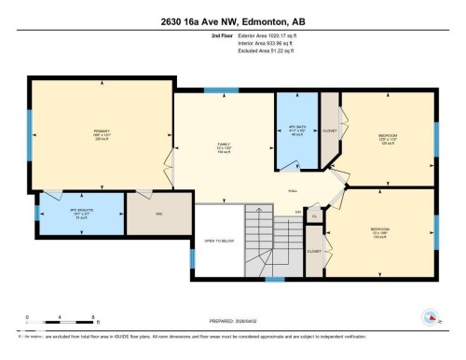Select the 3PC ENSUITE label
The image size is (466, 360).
pyautogui.click(x=81, y=212)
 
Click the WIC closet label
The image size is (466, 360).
pyautogui.click(x=159, y=214)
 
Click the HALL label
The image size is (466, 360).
pyautogui.click(x=292, y=188)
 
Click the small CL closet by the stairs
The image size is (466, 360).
pyautogui.click(x=314, y=216)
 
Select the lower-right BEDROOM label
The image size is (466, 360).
pyautogui.click(x=382, y=229)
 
